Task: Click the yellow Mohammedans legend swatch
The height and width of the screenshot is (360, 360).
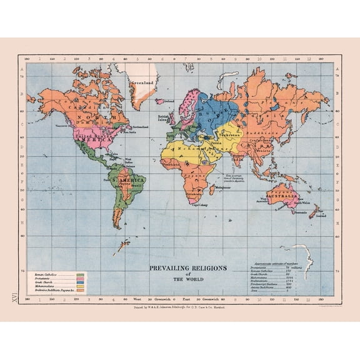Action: pyautogui.click(x=80, y=287)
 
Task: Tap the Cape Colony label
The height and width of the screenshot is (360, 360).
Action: pyautogui.click(x=199, y=204)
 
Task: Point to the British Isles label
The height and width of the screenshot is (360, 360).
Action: pyautogui.click(x=164, y=117)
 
